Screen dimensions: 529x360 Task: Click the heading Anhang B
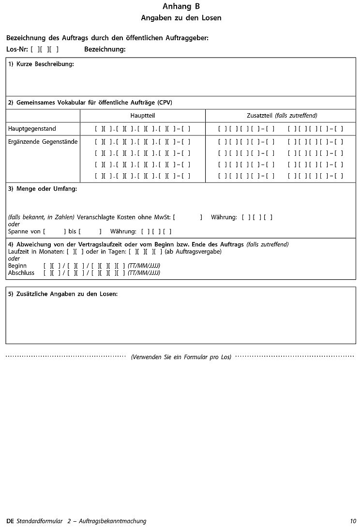coord(181,6)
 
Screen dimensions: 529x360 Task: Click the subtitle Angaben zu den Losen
coord(181,18)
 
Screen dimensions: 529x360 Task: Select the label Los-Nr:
coord(17,49)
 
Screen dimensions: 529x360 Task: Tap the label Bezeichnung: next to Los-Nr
coord(105,49)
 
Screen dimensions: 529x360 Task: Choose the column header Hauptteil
coord(142,116)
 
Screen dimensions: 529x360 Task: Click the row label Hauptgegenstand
coord(32,129)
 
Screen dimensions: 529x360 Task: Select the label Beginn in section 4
coord(17,266)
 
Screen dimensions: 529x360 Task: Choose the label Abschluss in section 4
coord(21,272)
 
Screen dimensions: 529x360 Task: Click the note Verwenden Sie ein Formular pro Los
coord(181,357)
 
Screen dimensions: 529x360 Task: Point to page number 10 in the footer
coord(353,521)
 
